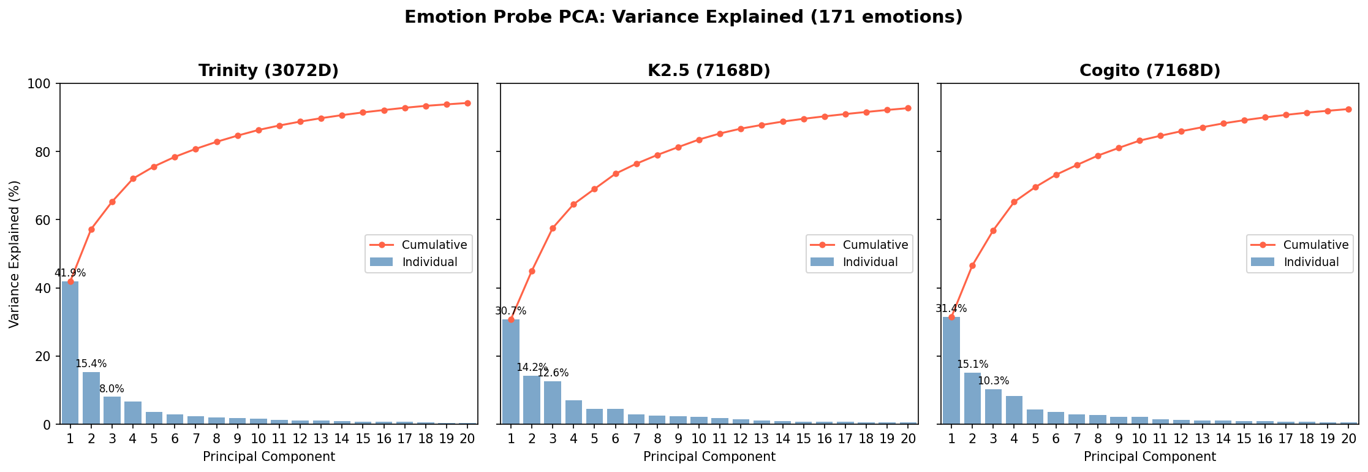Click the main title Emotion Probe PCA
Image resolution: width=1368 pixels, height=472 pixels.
click(683, 17)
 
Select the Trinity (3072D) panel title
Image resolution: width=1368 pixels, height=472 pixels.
click(268, 71)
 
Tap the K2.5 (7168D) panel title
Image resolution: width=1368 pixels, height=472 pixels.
click(709, 71)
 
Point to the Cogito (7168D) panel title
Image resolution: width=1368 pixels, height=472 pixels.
click(1149, 71)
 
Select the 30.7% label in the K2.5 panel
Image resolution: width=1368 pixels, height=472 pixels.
click(510, 311)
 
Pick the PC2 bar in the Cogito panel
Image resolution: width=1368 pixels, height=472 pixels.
click(972, 398)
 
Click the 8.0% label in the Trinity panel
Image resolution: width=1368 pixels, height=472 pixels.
click(111, 389)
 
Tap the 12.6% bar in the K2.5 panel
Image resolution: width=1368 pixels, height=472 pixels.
click(553, 403)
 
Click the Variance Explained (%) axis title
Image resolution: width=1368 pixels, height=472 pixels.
click(15, 254)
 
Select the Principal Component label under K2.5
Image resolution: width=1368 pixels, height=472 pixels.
click(709, 457)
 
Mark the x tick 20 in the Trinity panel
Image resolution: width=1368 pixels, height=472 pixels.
click(467, 438)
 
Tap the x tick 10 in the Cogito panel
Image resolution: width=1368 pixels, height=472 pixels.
click(1139, 438)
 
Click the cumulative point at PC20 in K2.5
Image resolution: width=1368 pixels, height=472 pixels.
click(908, 108)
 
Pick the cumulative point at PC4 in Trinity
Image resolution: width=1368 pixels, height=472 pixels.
click(133, 179)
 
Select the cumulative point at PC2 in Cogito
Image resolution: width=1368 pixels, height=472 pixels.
click(972, 265)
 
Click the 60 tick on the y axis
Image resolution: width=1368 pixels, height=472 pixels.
click(46, 220)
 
